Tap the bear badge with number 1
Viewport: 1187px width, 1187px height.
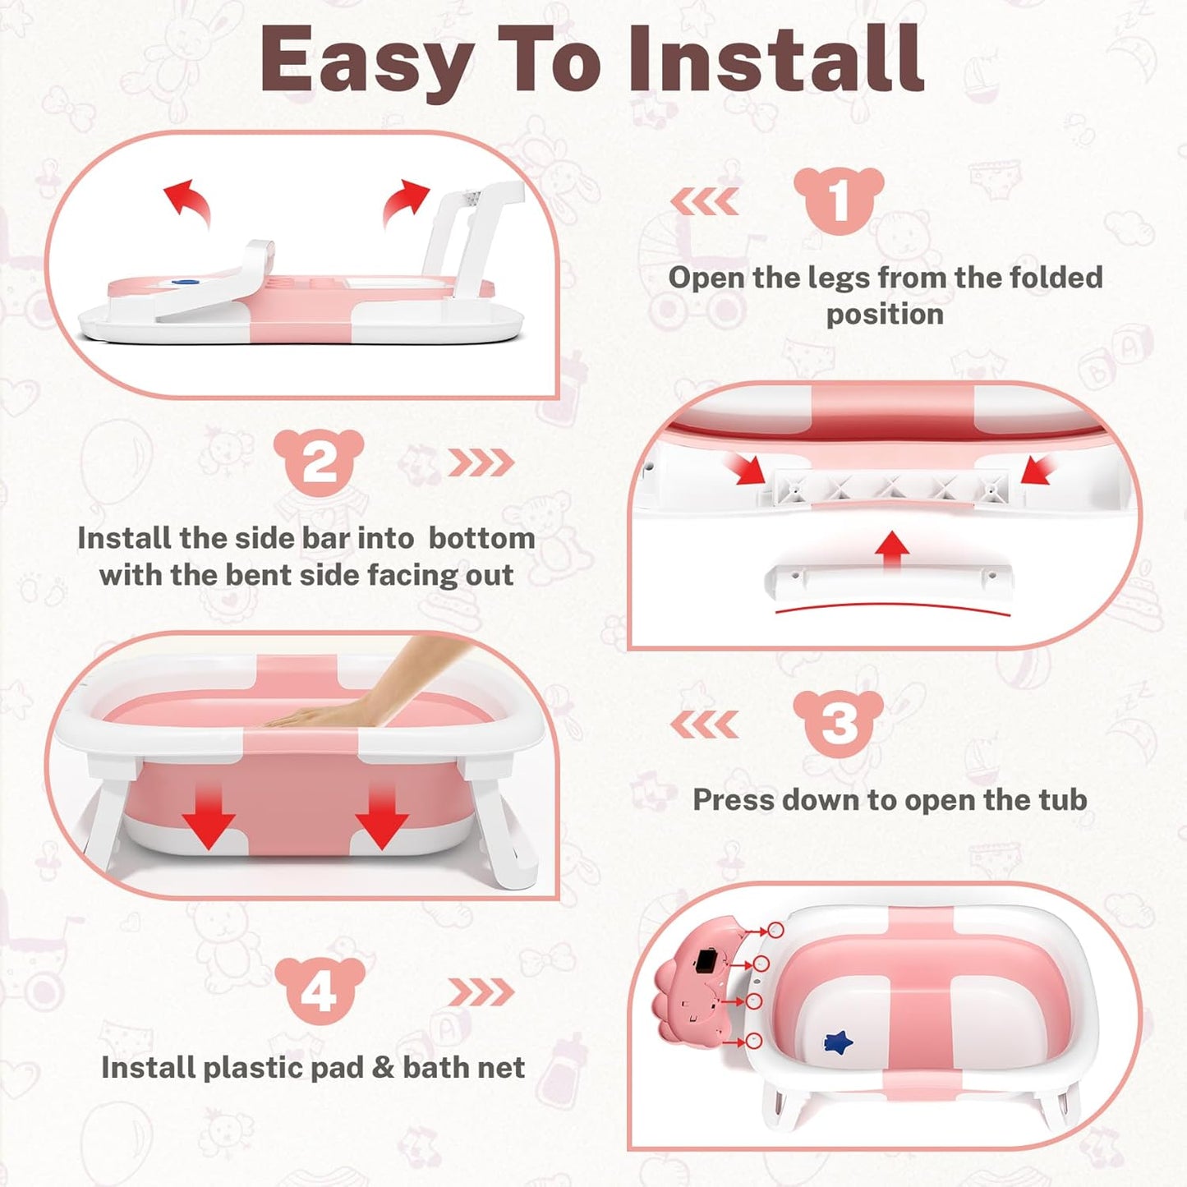[838, 200]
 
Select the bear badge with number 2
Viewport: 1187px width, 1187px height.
[319, 462]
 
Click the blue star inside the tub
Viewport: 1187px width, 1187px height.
[838, 1043]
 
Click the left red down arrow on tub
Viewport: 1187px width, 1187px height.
[209, 817]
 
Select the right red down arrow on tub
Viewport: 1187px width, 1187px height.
[381, 817]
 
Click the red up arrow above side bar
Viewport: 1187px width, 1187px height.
[892, 549]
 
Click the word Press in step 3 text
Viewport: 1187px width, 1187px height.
[734, 800]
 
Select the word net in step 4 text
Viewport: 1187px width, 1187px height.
[502, 1067]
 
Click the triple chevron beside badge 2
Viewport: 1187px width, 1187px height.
[481, 463]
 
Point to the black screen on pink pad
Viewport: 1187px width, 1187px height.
[706, 961]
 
